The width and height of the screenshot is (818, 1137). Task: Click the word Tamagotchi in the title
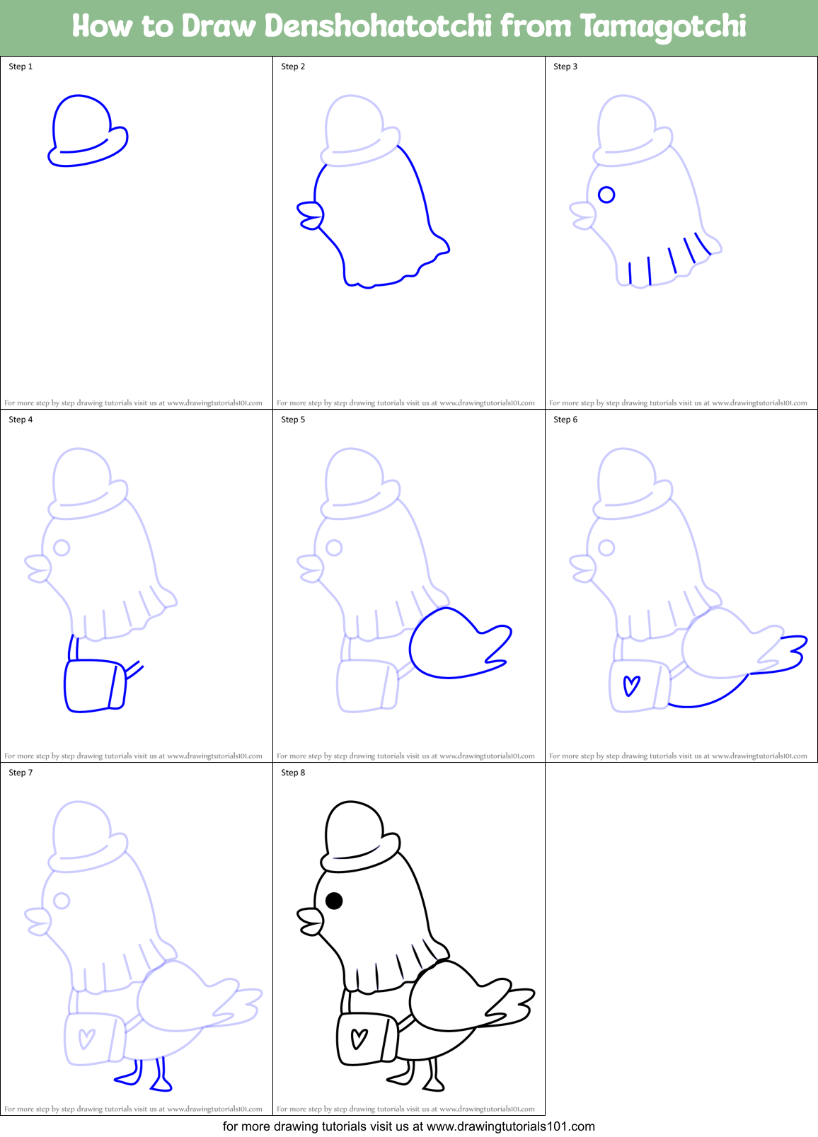663,26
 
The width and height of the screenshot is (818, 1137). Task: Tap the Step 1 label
21,67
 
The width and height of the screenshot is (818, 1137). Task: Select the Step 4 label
21,420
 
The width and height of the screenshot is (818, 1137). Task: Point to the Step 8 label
293,773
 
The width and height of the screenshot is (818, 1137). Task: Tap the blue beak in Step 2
310,215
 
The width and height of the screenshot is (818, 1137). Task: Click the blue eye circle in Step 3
606,195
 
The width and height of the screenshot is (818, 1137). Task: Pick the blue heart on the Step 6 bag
631,686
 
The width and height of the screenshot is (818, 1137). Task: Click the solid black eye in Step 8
334,901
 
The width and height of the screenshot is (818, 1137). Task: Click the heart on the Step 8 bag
359,1038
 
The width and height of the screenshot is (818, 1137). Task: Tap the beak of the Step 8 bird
310,922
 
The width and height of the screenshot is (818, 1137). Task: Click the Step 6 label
565,420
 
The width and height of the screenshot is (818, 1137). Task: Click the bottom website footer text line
408,1126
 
